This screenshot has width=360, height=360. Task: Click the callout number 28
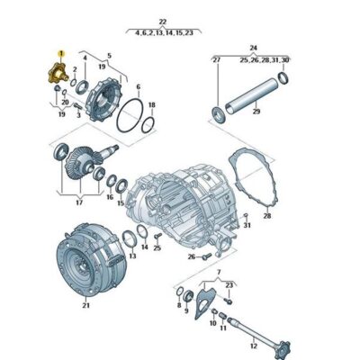coord(266,216)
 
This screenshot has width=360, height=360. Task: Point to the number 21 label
coord(86,306)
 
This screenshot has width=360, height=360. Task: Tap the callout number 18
coord(151,104)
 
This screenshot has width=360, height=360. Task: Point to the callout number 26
coord(192,257)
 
